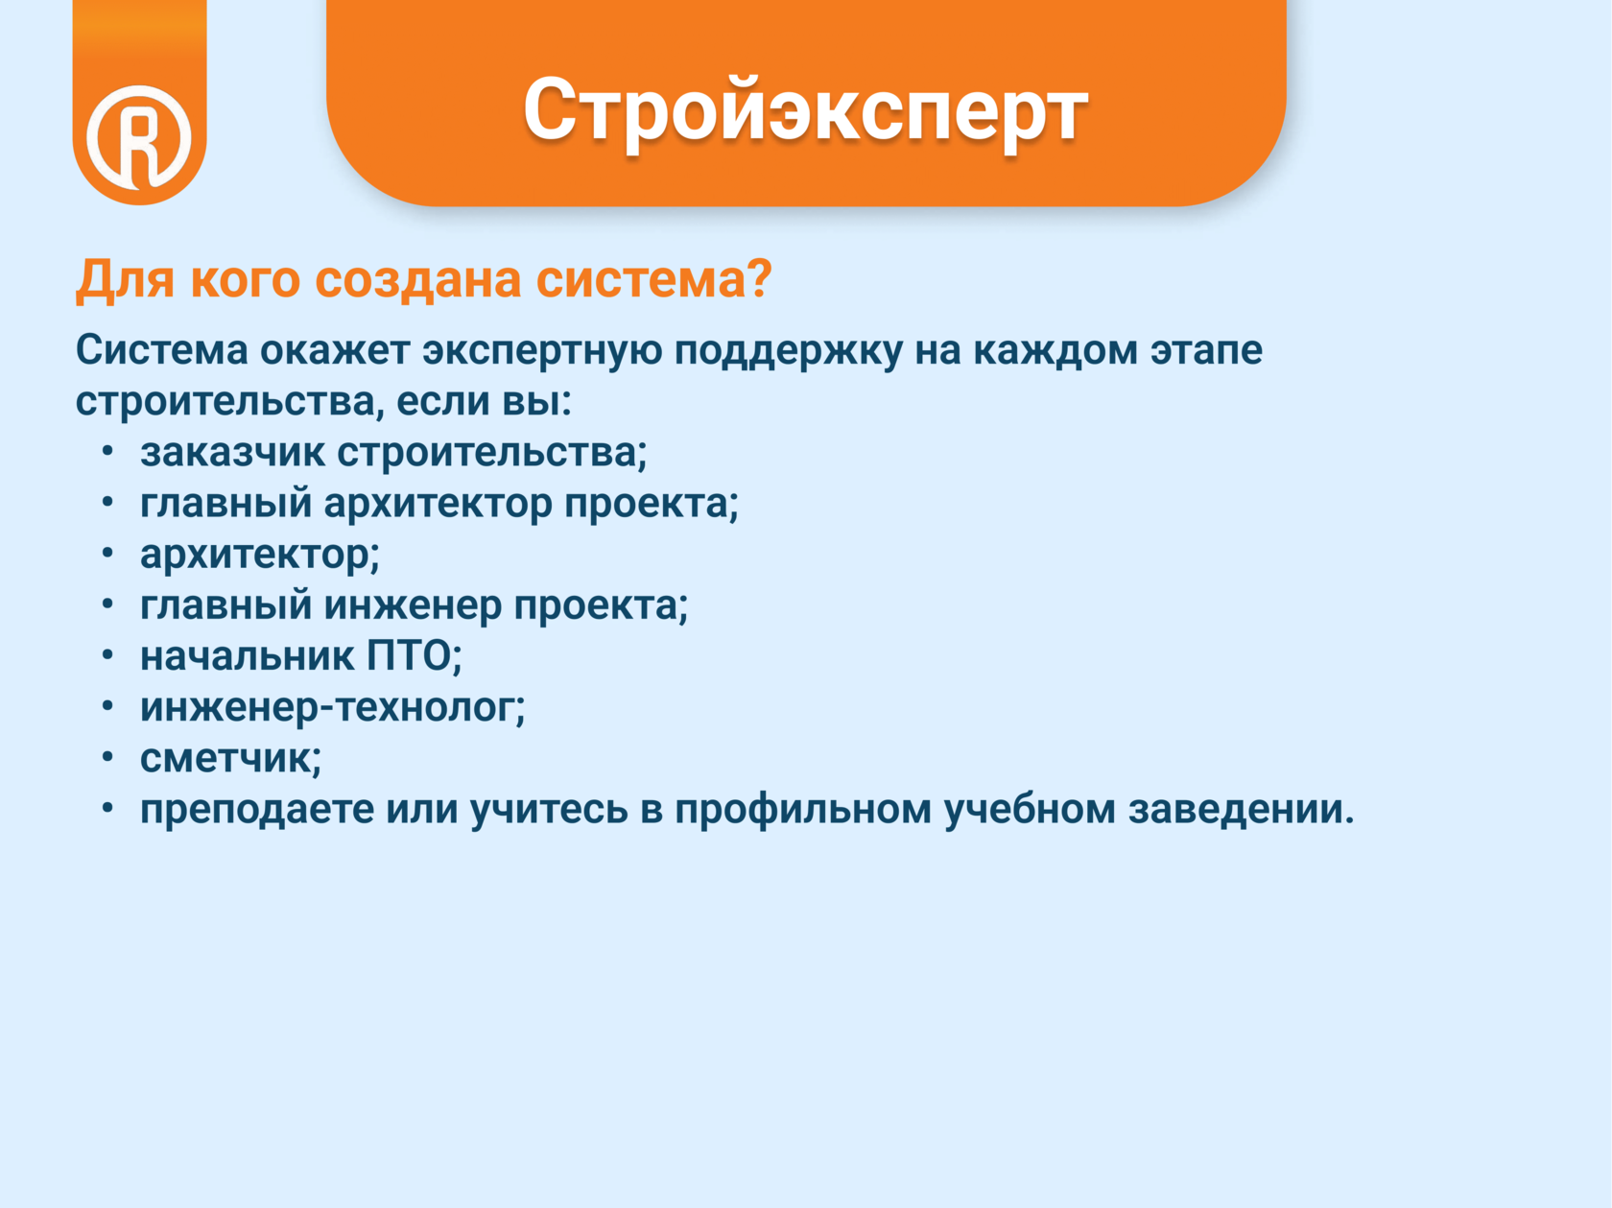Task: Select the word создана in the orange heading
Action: [417, 280]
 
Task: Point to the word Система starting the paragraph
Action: [162, 349]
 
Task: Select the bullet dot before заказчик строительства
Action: [107, 450]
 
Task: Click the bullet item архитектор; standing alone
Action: [260, 556]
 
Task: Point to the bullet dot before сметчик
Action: [107, 756]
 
